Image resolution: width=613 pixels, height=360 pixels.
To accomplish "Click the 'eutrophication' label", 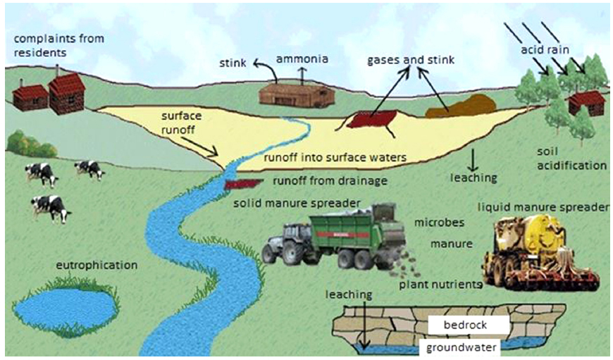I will click(98, 266).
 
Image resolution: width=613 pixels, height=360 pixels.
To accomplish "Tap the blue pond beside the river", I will click(64, 306).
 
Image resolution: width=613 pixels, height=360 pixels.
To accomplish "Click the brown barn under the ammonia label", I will click(296, 94).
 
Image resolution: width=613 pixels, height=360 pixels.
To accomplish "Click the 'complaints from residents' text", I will click(58, 45).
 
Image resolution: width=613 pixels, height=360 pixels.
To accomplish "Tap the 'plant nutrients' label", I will click(440, 285).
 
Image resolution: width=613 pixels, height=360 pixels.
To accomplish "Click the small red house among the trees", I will click(586, 103).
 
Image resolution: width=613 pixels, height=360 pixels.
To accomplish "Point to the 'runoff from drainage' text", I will click(330, 181).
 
